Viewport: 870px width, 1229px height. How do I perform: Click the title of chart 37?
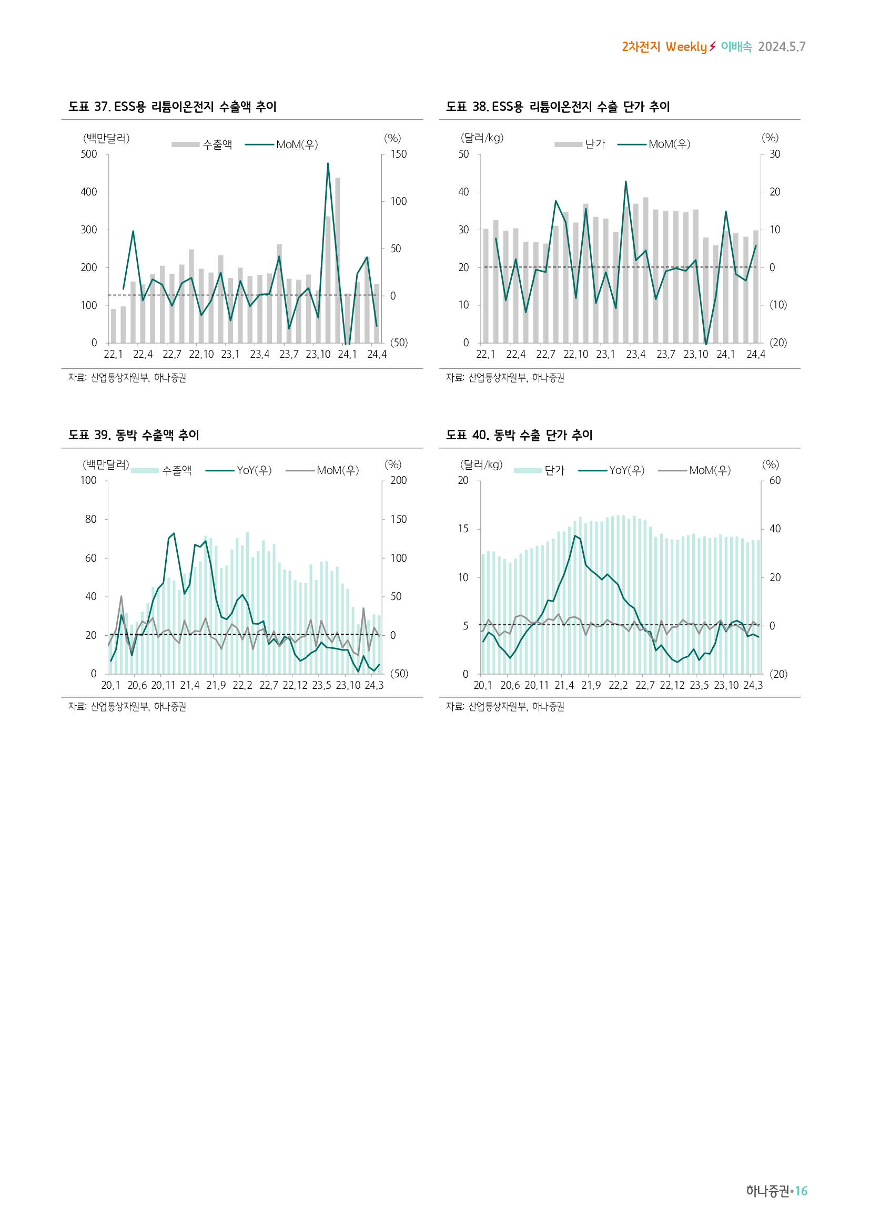click(x=172, y=107)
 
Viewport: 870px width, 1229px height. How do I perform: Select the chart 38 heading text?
click(x=558, y=107)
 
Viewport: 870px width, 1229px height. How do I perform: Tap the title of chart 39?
click(x=134, y=435)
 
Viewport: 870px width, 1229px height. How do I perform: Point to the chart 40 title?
click(x=519, y=435)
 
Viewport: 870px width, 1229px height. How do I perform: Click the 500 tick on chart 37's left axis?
click(x=89, y=154)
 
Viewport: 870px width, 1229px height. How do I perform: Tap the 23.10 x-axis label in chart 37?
click(x=318, y=354)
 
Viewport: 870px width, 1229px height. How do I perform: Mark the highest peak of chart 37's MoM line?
click(x=328, y=164)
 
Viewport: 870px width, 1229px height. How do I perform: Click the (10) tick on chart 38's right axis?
click(x=778, y=305)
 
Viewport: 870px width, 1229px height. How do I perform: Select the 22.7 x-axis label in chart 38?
click(x=545, y=354)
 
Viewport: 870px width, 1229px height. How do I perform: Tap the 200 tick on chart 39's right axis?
click(x=398, y=481)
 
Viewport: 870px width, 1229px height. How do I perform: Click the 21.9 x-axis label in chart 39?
click(x=216, y=686)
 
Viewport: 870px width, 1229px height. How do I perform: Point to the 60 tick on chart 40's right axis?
click(x=775, y=481)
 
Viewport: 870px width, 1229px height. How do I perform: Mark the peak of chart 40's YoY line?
click(x=575, y=536)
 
